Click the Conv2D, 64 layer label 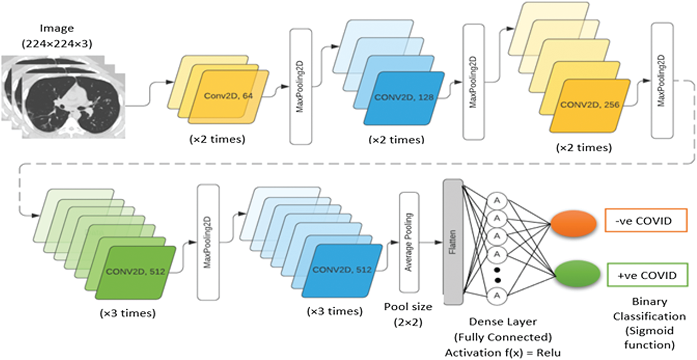228,96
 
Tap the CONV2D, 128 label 404,97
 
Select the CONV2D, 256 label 590,105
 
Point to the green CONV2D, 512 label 135,271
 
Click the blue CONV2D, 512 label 342,270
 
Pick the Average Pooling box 409,242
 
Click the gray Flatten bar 453,242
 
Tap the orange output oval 573,223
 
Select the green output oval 577,274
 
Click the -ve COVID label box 646,221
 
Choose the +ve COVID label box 648,275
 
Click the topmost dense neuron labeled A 497,201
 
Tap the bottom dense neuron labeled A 497,296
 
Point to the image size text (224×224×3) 57,44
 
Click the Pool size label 408,307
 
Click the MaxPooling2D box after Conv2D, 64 301,87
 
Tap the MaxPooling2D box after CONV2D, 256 662,81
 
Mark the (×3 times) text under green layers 128,313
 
